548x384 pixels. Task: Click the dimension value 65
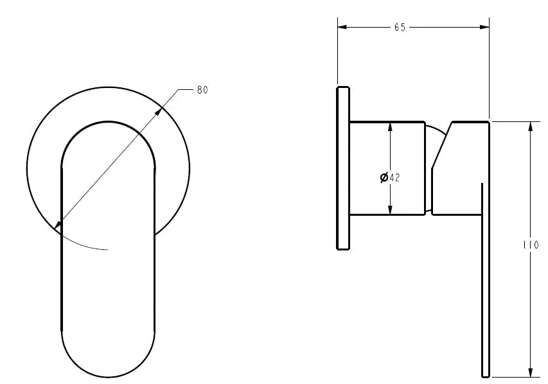(x=400, y=27)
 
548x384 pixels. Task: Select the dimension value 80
(x=202, y=90)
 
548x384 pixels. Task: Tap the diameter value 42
(x=394, y=178)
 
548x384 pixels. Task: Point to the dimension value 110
(x=531, y=245)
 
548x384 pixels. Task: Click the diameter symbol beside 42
(x=384, y=178)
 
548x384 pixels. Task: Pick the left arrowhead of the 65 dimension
(x=342, y=27)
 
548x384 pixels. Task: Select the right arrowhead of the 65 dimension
(x=485, y=27)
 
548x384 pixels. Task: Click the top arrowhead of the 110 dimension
(x=531, y=126)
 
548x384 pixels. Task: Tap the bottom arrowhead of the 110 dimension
(x=531, y=372)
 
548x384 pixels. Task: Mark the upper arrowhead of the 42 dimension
(x=390, y=126)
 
